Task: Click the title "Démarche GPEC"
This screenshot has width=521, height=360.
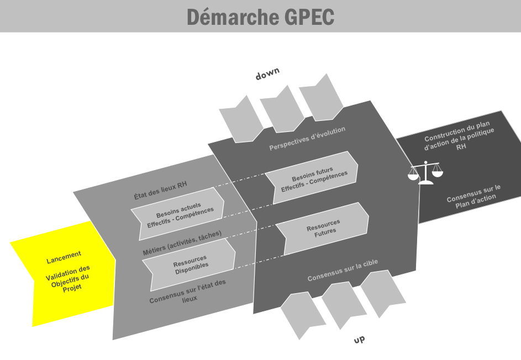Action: pyautogui.click(x=260, y=17)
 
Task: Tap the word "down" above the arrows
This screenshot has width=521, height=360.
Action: pyautogui.click(x=267, y=74)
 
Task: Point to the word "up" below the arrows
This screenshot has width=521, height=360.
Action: pyautogui.click(x=359, y=340)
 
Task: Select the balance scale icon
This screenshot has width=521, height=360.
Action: pyautogui.click(x=425, y=172)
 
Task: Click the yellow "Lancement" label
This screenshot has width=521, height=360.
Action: pyautogui.click(x=64, y=257)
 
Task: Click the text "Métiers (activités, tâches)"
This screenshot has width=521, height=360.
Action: pyautogui.click(x=182, y=243)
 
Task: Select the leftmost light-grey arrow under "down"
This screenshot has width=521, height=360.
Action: pyautogui.click(x=241, y=119)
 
